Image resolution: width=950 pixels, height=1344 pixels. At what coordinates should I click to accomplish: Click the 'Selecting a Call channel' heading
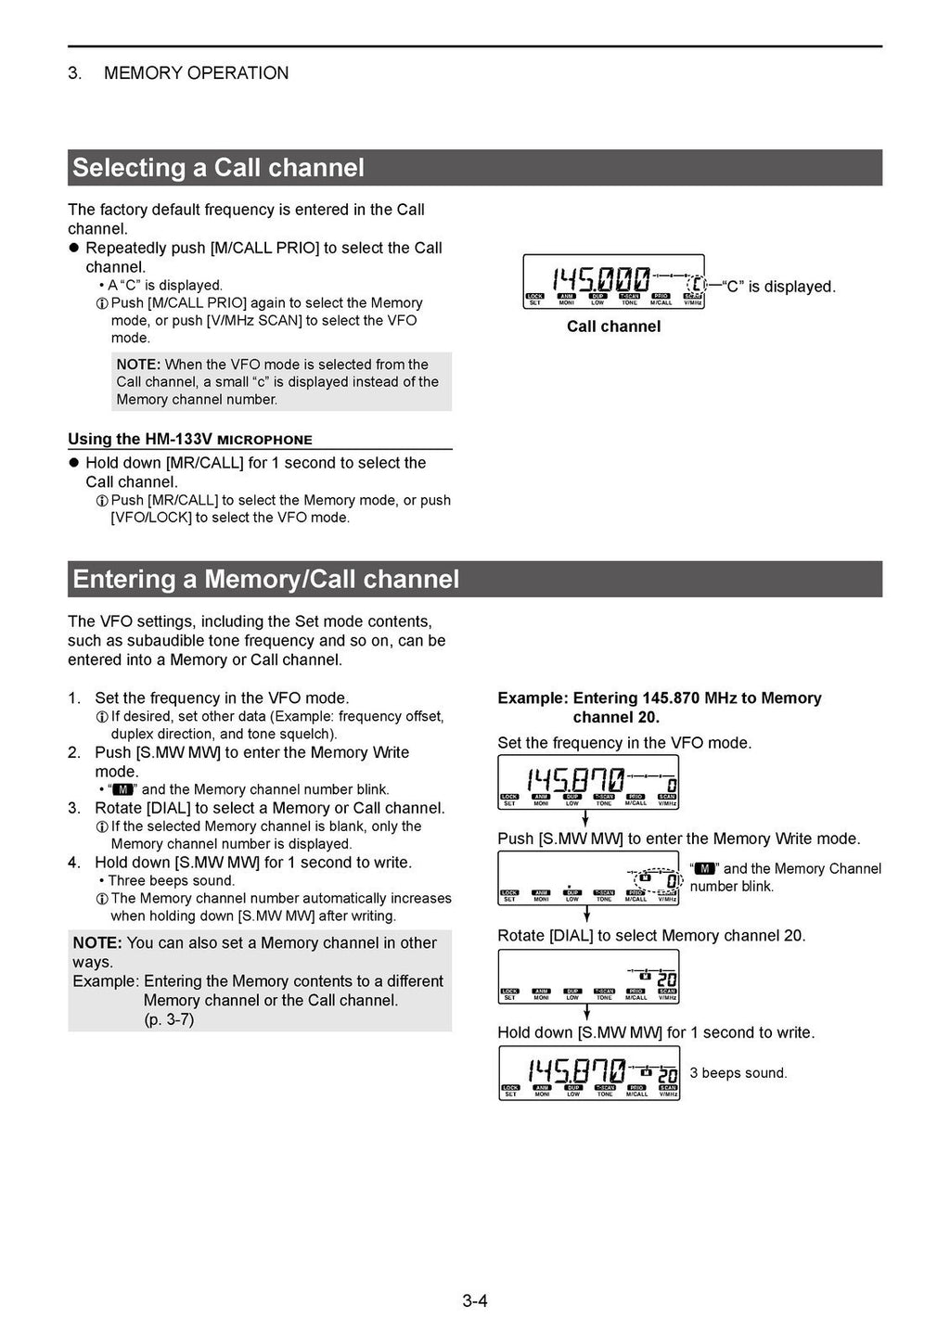[218, 168]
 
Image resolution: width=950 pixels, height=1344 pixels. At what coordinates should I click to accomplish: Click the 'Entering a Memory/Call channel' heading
[265, 580]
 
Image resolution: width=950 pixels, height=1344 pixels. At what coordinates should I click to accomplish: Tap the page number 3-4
[475, 1300]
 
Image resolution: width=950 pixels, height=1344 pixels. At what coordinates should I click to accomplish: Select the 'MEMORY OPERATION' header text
[196, 73]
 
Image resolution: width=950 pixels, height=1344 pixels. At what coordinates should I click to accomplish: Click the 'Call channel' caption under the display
[613, 326]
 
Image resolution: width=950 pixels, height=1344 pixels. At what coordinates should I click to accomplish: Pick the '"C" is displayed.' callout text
[778, 287]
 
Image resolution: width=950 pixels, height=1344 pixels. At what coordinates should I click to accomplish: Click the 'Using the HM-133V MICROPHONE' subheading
[190, 440]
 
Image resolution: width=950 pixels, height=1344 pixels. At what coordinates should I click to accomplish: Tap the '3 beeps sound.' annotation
[738, 1073]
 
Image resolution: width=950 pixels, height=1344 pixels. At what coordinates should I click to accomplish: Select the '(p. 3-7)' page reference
[169, 1019]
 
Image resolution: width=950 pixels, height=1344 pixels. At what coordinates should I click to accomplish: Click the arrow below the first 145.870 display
[586, 820]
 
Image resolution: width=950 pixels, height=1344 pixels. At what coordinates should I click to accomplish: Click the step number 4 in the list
[74, 863]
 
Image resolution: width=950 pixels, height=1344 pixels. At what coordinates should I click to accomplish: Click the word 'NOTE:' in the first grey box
[138, 365]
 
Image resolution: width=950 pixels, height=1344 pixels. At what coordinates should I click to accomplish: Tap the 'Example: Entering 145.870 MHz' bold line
[659, 698]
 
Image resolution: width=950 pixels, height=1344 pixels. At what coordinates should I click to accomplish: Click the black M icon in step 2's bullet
[122, 789]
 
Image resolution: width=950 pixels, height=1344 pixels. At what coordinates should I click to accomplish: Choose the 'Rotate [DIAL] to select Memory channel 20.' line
[651, 936]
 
